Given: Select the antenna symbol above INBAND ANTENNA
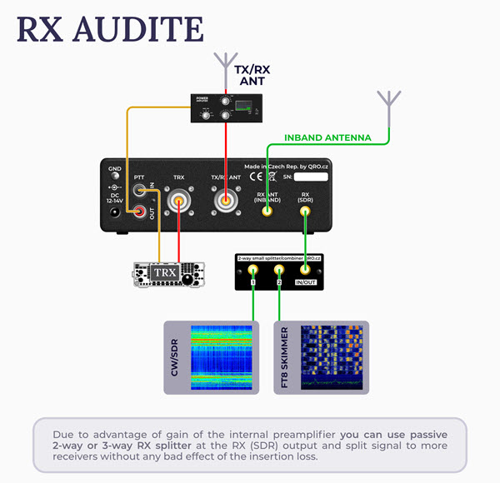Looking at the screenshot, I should click(x=388, y=101).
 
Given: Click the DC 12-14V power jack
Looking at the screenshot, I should click(x=114, y=212).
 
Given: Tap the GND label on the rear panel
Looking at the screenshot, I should click(x=114, y=170).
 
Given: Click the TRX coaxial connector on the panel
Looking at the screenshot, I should click(x=178, y=202).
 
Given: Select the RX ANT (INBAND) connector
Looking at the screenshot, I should click(x=267, y=212).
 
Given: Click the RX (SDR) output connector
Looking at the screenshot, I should click(x=305, y=212).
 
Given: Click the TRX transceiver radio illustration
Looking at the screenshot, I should click(x=168, y=274).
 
